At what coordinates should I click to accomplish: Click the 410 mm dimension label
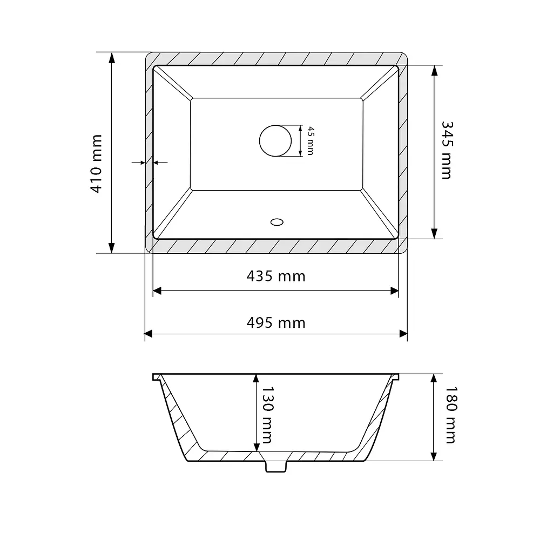point(96,164)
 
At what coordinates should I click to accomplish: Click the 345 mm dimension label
point(447,150)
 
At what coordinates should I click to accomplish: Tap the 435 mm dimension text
point(276,276)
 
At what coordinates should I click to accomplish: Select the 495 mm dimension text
point(276,323)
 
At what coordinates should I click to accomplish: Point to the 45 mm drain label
point(311,141)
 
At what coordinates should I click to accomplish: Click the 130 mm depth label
point(267,415)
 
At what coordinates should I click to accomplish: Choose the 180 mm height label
point(451,415)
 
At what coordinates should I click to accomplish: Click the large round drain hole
point(275,141)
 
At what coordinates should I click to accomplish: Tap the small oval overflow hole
point(277,222)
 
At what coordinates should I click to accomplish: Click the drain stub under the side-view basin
point(276,466)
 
